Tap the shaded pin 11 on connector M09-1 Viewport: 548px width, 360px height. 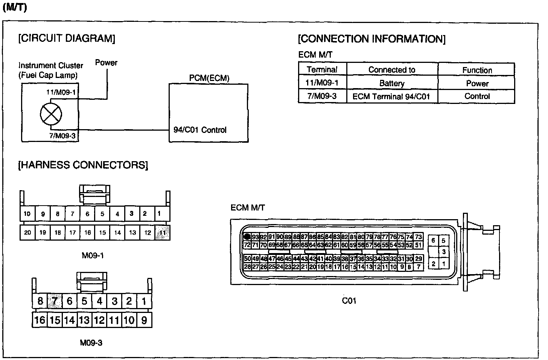162,233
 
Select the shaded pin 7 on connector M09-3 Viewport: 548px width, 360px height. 55,301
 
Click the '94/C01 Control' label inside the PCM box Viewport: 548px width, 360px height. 200,130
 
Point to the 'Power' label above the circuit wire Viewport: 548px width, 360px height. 106,63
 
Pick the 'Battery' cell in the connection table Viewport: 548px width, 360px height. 392,83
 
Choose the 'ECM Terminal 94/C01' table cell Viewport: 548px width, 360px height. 391,96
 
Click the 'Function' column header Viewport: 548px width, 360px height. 477,70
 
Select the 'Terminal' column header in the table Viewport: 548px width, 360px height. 322,70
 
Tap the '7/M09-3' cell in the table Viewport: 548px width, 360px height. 322,96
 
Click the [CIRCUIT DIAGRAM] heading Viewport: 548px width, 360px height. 67,38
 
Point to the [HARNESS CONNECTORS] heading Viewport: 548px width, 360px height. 83,165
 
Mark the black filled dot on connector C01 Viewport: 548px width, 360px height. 247,237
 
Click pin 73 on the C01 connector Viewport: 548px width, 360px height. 418,237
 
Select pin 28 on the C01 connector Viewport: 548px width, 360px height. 247,267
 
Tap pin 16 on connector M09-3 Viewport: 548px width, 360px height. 40,320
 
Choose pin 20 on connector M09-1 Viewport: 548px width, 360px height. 27,233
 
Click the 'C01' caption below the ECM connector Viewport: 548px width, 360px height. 349,301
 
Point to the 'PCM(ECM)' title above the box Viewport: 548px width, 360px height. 209,78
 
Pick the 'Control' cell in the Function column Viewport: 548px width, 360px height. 477,96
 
